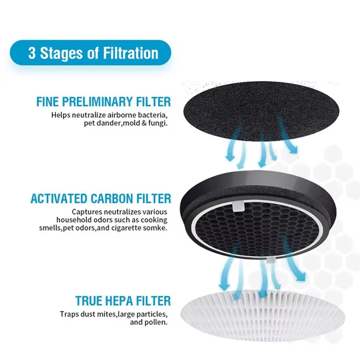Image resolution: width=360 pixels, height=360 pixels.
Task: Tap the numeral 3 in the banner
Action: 31,54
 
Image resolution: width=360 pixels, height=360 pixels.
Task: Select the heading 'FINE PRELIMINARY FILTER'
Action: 103,101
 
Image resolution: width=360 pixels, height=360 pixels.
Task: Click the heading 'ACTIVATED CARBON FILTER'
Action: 101,198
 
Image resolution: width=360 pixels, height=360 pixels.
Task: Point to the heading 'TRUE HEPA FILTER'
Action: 123,301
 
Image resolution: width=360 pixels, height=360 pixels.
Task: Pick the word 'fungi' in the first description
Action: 158,123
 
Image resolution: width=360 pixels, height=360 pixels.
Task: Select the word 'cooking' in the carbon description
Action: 155,220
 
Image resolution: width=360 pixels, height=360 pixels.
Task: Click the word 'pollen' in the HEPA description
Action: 156,322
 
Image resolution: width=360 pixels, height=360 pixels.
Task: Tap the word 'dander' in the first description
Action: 108,123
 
